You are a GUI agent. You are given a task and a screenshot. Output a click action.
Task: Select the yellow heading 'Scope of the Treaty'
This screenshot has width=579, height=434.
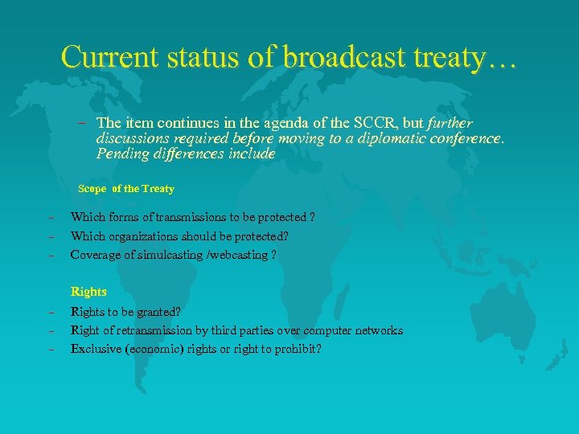(125, 189)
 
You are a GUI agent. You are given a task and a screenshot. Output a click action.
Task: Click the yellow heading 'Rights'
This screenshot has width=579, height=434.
(88, 292)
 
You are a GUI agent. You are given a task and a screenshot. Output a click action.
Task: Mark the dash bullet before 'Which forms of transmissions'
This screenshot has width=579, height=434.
(50, 218)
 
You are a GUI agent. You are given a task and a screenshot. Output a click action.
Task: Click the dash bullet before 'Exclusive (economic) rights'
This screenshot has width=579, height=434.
(50, 349)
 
